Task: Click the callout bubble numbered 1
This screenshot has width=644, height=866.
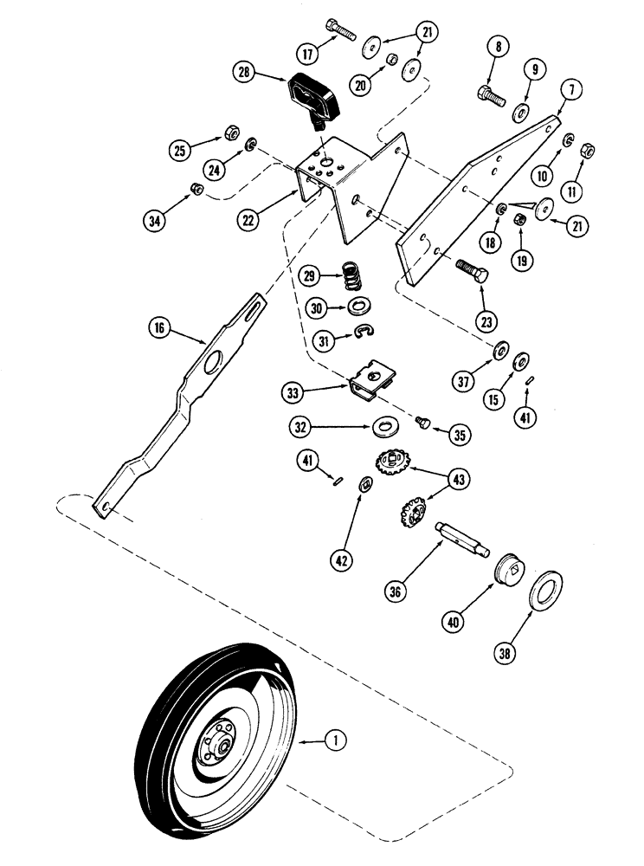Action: pyautogui.click(x=334, y=740)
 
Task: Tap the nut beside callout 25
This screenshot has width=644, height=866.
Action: pyautogui.click(x=231, y=132)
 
